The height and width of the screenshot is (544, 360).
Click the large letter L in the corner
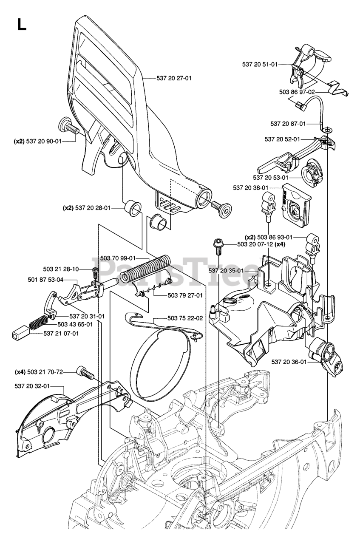pos(22,24)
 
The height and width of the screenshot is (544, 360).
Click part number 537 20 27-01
pos(174,78)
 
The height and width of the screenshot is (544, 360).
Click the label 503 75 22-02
pos(185,318)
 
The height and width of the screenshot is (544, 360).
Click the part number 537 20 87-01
pos(288,124)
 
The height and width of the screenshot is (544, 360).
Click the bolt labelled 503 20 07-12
pos(218,246)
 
